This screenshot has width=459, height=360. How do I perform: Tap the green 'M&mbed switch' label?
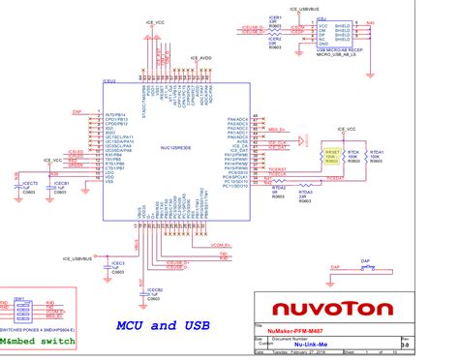[37, 340]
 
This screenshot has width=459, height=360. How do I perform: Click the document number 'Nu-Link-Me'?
[308, 343]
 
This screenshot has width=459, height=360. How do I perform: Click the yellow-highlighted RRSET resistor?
[333, 157]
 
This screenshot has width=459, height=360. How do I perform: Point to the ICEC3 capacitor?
[117, 265]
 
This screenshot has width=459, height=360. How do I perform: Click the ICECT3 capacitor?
[29, 186]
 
